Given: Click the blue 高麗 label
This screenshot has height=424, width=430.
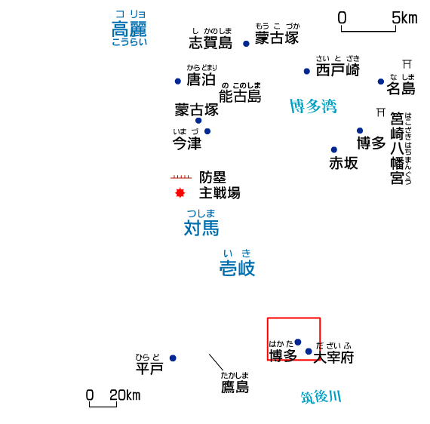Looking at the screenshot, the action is pyautogui.click(x=129, y=29).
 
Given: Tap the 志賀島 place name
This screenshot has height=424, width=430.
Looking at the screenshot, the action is pyautogui.click(x=210, y=42).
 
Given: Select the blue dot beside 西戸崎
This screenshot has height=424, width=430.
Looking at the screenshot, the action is pyautogui.click(x=307, y=72).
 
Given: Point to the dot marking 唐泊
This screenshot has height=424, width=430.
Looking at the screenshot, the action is pyautogui.click(x=178, y=81).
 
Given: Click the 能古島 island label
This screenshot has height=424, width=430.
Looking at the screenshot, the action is pyautogui.click(x=240, y=96).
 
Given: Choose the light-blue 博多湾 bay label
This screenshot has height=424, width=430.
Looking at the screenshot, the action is pyautogui.click(x=313, y=106).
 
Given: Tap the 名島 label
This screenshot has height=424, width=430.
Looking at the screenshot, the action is pyautogui.click(x=401, y=88).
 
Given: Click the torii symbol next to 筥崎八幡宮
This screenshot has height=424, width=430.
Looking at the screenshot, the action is pyautogui.click(x=381, y=112).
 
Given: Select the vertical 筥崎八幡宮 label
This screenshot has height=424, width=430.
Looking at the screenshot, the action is pyautogui.click(x=397, y=148).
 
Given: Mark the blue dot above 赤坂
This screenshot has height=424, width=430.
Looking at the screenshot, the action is pyautogui.click(x=333, y=149).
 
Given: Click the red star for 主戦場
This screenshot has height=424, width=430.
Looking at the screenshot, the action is pyautogui.click(x=180, y=193).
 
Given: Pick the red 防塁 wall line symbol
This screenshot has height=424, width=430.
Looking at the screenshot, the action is pyautogui.click(x=181, y=177).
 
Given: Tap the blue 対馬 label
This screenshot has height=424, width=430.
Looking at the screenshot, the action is pyautogui.click(x=201, y=228).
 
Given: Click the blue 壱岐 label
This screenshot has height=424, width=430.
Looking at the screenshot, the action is pyautogui.click(x=237, y=268).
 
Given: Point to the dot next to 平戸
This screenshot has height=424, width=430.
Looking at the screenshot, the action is pyautogui.click(x=173, y=358).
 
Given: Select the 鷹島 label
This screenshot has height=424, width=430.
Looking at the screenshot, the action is pyautogui.click(x=235, y=387).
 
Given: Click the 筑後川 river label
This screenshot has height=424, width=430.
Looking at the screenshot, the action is pyautogui.click(x=321, y=397).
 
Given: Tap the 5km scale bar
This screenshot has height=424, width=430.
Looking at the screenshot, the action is pyautogui.click(x=368, y=29).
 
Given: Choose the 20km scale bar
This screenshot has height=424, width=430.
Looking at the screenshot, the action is pyautogui.click(x=103, y=404).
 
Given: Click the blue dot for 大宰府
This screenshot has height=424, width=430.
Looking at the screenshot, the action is pyautogui.click(x=309, y=351).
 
